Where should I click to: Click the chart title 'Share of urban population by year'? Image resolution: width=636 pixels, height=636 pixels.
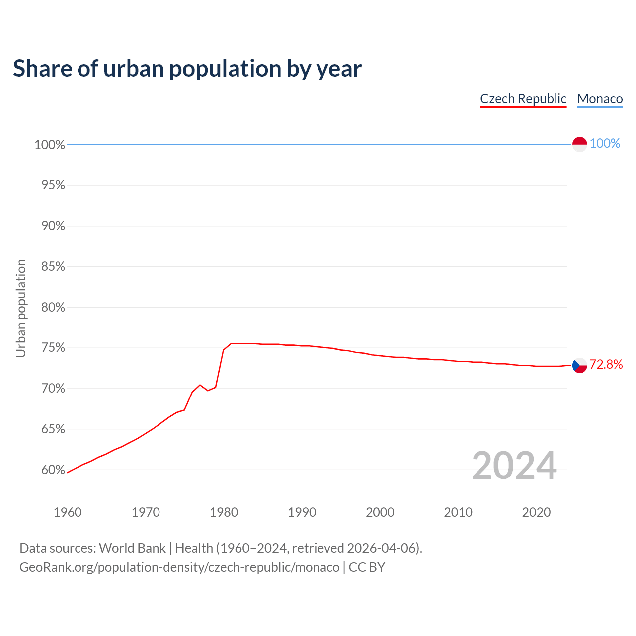pyautogui.click(x=187, y=68)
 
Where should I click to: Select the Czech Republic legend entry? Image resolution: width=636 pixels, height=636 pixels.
pyautogui.click(x=523, y=99)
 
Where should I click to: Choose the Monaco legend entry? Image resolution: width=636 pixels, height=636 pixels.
pyautogui.click(x=600, y=99)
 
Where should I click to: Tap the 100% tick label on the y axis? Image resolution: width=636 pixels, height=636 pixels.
pyautogui.click(x=50, y=145)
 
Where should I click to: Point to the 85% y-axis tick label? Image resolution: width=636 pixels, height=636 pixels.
pyautogui.click(x=53, y=267)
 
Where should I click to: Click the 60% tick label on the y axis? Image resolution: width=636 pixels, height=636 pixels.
pyautogui.click(x=53, y=470)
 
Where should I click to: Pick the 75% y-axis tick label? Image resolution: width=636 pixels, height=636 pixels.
pyautogui.click(x=53, y=348)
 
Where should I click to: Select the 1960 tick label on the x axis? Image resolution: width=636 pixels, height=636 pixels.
pyautogui.click(x=68, y=512)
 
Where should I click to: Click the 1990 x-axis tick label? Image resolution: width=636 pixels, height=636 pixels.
pyautogui.click(x=302, y=512)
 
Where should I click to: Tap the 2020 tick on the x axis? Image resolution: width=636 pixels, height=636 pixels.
pyautogui.click(x=536, y=512)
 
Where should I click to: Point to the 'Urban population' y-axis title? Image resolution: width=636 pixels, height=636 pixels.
pyautogui.click(x=21, y=308)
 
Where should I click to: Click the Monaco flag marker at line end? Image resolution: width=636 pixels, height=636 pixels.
pyautogui.click(x=580, y=144)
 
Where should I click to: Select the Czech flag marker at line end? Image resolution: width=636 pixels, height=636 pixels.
pyautogui.click(x=580, y=365)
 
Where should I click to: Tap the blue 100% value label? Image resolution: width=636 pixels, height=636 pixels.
pyautogui.click(x=605, y=144)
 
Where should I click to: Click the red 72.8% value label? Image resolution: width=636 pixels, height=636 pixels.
pyautogui.click(x=606, y=365)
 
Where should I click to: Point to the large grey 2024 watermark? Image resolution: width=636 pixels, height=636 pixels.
pyautogui.click(x=514, y=466)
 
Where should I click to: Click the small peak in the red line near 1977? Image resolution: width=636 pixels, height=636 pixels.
pyautogui.click(x=200, y=385)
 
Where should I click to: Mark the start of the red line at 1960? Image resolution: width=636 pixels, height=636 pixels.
pyautogui.click(x=68, y=472)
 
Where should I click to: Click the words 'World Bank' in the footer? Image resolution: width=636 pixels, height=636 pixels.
pyautogui.click(x=132, y=548)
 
